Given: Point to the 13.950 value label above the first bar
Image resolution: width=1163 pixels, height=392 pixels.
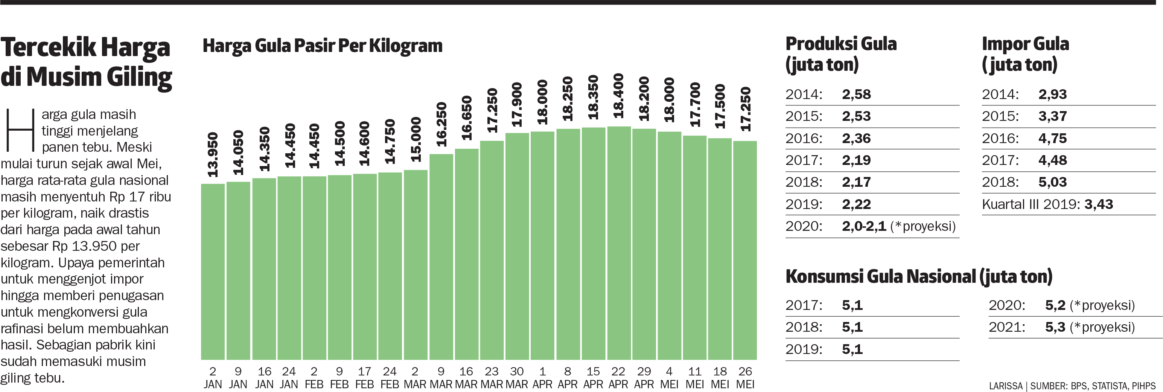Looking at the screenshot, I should [213, 155].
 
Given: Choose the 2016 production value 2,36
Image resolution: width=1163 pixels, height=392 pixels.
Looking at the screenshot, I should [856, 138].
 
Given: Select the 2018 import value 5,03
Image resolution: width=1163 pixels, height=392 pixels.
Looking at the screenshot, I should [1052, 182].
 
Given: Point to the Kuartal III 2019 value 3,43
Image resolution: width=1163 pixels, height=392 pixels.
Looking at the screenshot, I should [1098, 204].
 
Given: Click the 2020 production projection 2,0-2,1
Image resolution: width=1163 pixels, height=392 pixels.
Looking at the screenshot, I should [864, 226].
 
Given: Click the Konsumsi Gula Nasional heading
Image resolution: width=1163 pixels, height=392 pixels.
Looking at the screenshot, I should [919, 277].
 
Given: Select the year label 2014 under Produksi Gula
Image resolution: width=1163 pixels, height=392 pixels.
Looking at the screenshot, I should [804, 95].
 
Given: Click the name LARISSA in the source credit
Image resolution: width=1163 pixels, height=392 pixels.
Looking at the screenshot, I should [1005, 386].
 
